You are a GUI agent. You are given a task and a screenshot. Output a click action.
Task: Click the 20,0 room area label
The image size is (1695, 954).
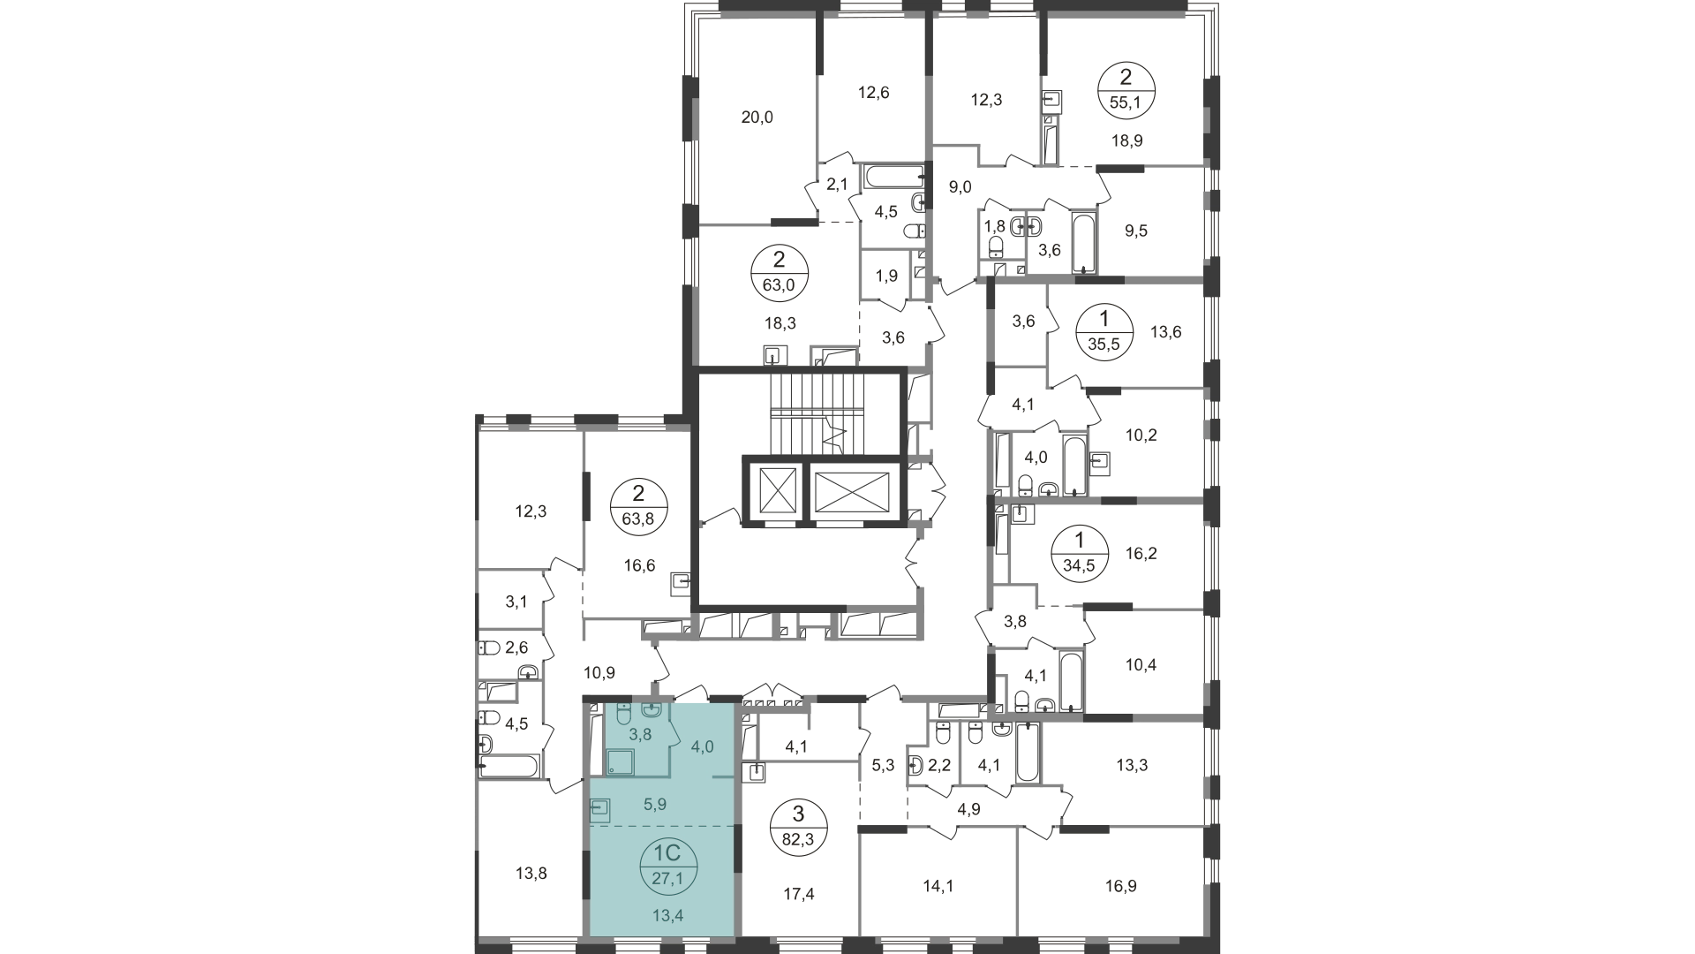[x=757, y=117]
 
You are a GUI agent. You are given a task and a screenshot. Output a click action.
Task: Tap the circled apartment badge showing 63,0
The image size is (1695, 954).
[x=779, y=272]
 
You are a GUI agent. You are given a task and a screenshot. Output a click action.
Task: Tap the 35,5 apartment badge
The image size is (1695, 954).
[x=1103, y=330]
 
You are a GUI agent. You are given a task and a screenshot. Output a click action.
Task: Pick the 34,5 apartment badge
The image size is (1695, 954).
[x=1078, y=550]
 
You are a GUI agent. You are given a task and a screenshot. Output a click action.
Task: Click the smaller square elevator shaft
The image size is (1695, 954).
[x=772, y=489]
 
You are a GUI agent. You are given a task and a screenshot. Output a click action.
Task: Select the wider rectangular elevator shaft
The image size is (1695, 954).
[x=852, y=491]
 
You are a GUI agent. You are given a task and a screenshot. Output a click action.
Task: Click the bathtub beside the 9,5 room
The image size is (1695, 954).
[x=1082, y=240]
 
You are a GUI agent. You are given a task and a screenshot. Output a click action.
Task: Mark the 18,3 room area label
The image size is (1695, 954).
[x=780, y=323]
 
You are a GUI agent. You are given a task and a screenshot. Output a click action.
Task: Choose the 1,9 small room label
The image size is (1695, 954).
[x=887, y=275]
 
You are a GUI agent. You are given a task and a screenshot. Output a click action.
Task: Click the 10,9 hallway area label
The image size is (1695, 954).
[x=599, y=672]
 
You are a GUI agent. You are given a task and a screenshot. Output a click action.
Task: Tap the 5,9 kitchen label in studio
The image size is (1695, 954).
[x=655, y=805]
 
